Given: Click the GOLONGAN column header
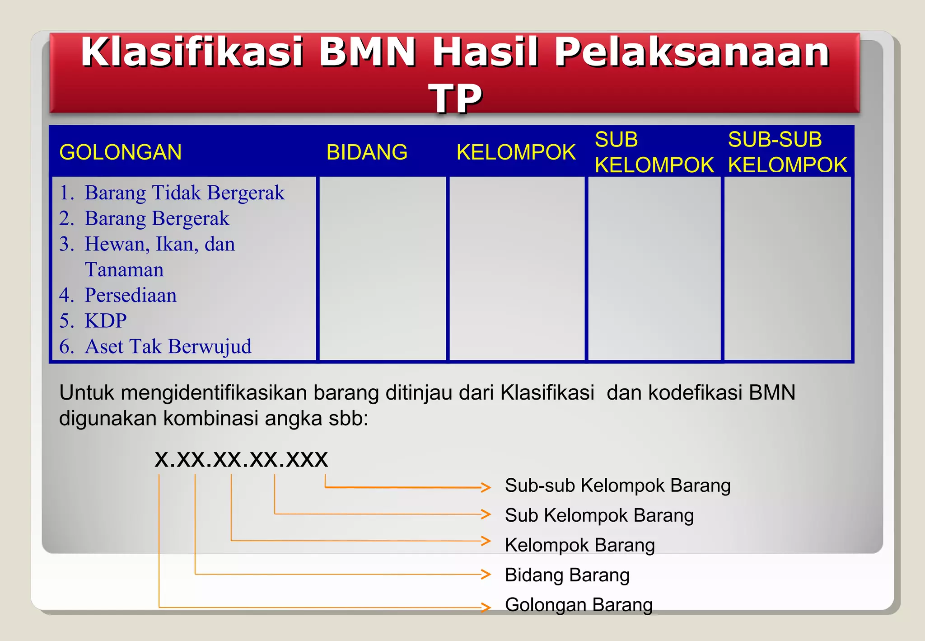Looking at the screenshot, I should (121, 152).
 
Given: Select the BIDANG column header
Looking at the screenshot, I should (367, 152).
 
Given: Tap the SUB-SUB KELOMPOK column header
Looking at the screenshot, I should (787, 152).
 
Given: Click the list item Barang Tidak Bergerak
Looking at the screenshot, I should (184, 193).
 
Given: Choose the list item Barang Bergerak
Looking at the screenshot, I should (157, 219).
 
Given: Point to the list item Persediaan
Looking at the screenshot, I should (131, 296).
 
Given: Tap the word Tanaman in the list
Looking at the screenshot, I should (124, 270).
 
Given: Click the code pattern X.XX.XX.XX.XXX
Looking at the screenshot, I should (241, 460).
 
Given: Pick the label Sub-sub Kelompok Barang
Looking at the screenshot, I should (617, 486).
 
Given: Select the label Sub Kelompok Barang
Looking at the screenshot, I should (599, 516).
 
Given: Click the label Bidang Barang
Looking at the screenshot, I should (567, 575).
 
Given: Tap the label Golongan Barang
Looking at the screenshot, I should (579, 605).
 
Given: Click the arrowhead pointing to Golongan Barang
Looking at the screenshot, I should (486, 607).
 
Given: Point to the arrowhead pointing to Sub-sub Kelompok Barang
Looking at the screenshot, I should (486, 487).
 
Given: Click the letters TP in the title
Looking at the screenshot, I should (455, 98).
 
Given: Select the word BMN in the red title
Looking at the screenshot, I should (367, 52).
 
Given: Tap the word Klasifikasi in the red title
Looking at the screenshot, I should (192, 52).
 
